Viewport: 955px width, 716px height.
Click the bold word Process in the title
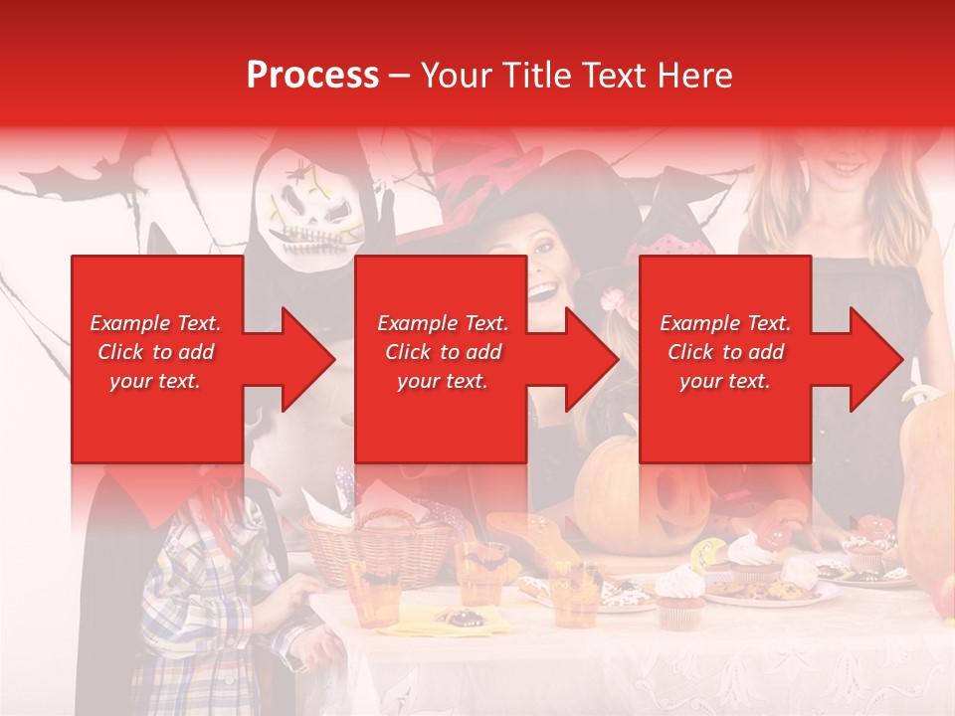[312, 76]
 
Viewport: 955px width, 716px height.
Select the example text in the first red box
[156, 352]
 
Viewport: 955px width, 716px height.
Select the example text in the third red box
[725, 352]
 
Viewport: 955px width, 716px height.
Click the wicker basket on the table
[378, 547]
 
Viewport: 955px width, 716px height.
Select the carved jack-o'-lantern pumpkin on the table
[637, 497]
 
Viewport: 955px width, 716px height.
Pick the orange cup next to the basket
[374, 592]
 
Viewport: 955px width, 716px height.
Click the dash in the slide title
[399, 77]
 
